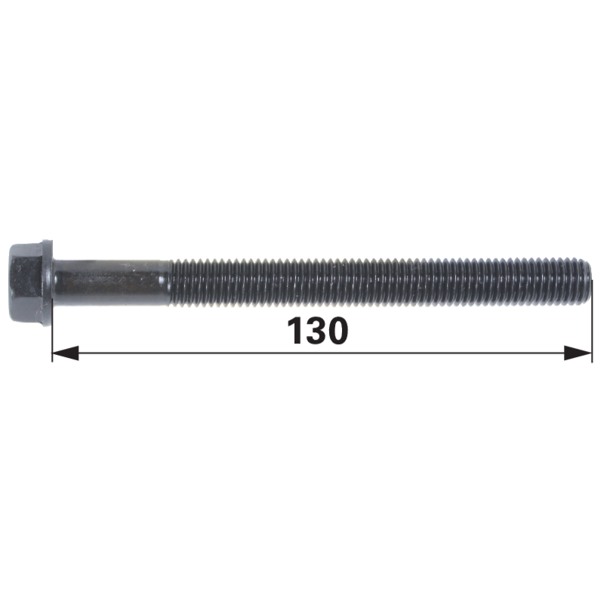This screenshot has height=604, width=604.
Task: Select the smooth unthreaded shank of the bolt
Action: pos(112,283)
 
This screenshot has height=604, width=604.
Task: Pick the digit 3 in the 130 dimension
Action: pos(317,331)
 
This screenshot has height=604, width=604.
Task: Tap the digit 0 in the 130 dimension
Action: pos(338,331)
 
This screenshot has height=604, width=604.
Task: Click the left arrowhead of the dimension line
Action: pos(66,353)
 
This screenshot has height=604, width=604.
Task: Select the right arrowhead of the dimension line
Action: pos(578,353)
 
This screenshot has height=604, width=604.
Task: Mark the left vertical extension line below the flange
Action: pos(52,344)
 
